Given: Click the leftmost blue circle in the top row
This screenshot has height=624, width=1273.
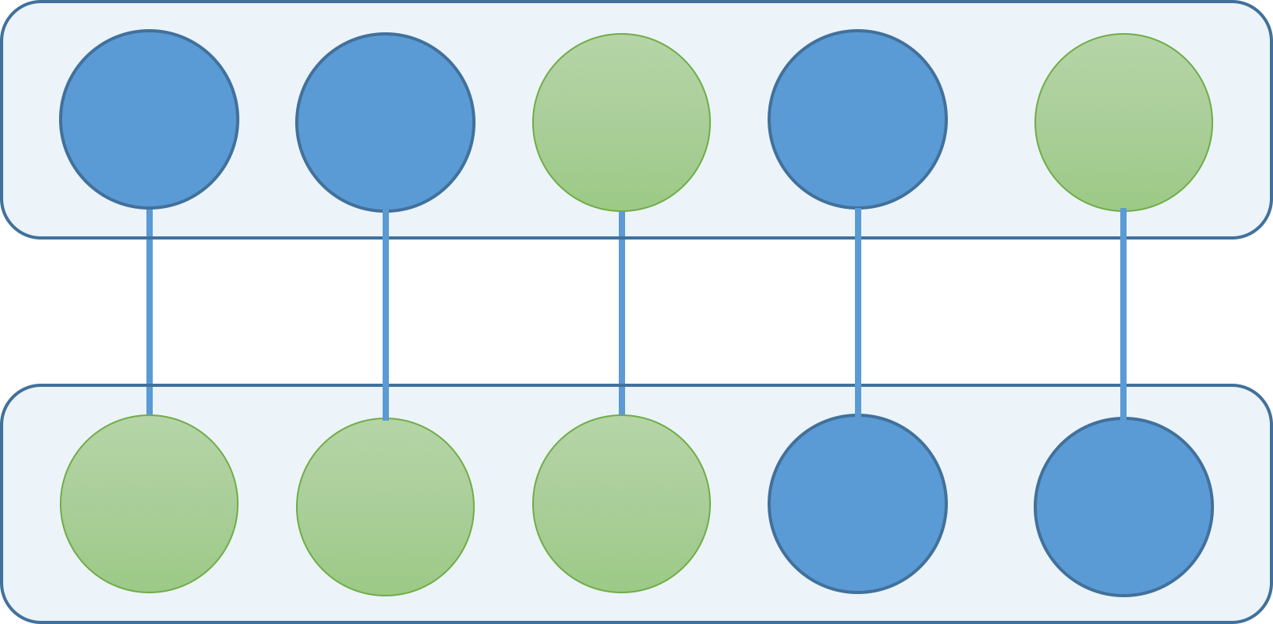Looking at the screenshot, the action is (x=149, y=120).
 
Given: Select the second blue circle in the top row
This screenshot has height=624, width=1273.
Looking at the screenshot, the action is (x=385, y=122).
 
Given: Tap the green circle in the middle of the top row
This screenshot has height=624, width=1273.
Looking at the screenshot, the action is (x=621, y=122).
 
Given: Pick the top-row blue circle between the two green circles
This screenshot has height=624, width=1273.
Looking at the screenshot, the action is (x=857, y=120).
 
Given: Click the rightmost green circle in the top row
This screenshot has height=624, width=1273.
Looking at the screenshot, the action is (x=1123, y=122).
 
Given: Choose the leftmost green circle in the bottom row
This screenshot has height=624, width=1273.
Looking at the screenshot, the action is (x=149, y=503).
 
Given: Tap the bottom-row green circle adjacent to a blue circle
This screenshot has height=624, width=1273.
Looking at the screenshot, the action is (x=621, y=503).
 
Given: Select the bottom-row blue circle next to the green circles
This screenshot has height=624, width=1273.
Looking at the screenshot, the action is (x=857, y=503).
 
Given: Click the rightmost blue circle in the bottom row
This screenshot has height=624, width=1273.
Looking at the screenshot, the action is (x=1123, y=507).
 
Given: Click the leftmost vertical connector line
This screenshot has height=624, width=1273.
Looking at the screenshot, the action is (x=150, y=311).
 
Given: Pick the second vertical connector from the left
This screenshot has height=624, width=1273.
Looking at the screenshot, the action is (x=386, y=311).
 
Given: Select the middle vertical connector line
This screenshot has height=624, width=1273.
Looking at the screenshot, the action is (x=622, y=311).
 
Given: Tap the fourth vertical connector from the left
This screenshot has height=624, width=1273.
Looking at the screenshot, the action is (x=858, y=311).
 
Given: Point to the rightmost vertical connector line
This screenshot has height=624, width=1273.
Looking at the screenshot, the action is (x=1123, y=311).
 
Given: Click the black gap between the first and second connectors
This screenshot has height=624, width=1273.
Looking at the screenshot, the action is (x=268, y=311).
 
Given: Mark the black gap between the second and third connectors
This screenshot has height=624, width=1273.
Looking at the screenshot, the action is (x=504, y=311).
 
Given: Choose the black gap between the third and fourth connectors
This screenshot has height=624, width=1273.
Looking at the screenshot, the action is (x=740, y=311).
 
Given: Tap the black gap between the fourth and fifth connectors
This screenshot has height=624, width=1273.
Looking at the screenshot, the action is (x=990, y=311).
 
